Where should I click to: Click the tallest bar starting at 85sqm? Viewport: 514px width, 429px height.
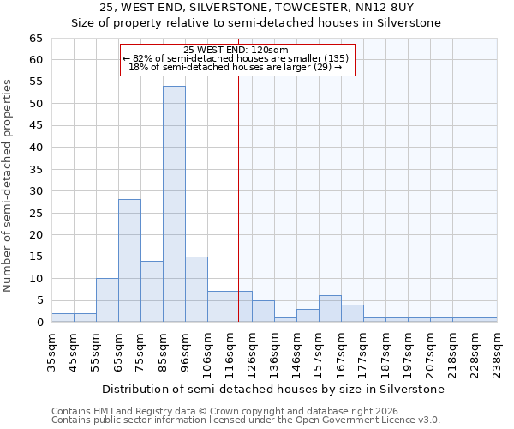[174, 204]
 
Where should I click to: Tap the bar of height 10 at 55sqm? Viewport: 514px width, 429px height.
[107, 300]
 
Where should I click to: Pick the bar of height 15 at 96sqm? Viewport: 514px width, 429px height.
[196, 289]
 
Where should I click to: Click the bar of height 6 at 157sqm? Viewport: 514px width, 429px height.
[330, 309]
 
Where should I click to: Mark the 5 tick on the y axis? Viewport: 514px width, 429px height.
[38, 300]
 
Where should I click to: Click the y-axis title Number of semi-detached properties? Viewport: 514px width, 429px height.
[9, 185]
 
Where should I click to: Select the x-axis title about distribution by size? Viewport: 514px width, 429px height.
[273, 389]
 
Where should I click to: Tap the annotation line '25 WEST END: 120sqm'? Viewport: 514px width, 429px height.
[236, 50]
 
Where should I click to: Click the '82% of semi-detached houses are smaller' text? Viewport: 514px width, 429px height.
[236, 58]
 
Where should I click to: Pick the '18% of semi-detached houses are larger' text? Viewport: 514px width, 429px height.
[236, 67]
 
